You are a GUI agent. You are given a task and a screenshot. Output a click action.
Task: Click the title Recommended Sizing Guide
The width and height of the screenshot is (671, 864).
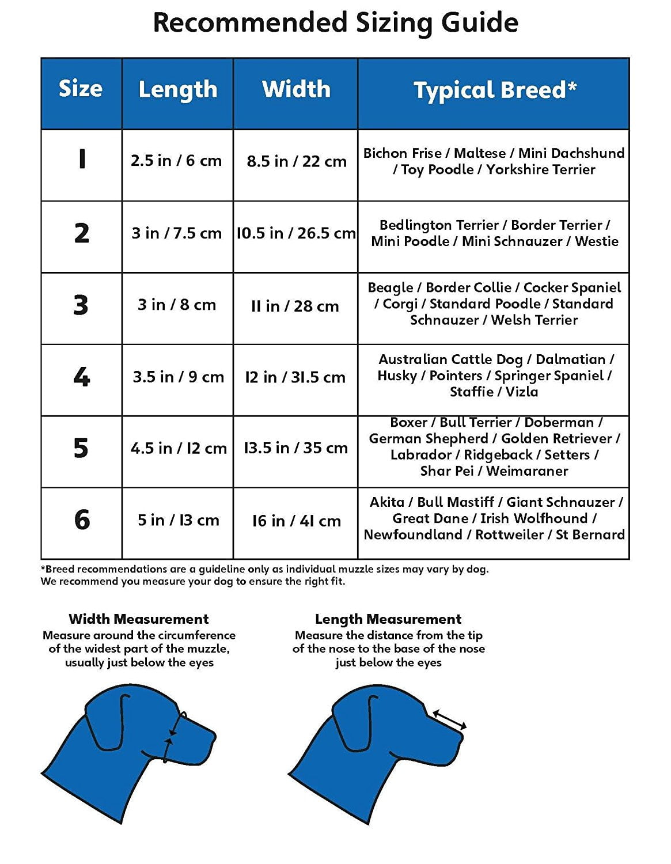(x=335, y=23)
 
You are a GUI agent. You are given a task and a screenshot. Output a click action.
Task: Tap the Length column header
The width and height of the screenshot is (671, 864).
(x=178, y=90)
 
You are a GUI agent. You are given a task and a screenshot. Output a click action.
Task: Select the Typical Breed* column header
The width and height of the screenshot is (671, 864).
(x=494, y=90)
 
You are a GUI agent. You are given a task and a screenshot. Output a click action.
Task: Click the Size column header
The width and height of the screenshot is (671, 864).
(x=81, y=89)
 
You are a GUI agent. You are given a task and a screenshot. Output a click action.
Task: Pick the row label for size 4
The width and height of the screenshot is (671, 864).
(x=81, y=377)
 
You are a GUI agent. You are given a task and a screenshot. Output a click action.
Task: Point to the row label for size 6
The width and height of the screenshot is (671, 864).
(x=82, y=520)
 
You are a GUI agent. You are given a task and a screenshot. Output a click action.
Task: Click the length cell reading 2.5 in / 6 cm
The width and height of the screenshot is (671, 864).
(x=176, y=161)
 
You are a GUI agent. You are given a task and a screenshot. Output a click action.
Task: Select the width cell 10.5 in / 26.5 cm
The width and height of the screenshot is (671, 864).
(x=296, y=233)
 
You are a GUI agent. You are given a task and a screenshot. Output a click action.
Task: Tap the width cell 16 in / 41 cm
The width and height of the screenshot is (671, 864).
(x=296, y=521)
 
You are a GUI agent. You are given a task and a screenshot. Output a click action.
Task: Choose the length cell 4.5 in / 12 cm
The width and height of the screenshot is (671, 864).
(x=178, y=448)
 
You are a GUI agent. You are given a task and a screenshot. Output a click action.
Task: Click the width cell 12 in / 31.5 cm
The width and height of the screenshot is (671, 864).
(x=295, y=377)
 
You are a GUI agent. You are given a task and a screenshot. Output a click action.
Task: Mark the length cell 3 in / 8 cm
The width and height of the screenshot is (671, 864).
(x=177, y=305)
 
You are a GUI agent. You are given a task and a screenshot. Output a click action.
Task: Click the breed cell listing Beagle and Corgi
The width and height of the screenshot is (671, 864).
(x=494, y=304)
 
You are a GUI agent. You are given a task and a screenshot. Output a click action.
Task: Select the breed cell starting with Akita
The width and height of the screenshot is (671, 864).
(x=494, y=518)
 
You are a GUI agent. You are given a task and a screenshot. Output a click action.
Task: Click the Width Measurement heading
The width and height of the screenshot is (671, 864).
(x=138, y=619)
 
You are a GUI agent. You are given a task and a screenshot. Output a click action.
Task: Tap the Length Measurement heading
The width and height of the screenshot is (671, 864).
(x=388, y=619)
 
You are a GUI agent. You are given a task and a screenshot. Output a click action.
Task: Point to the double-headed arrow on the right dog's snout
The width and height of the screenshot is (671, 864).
(x=449, y=720)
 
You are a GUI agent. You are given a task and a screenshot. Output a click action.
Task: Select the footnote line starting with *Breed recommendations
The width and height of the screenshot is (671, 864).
(x=264, y=569)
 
